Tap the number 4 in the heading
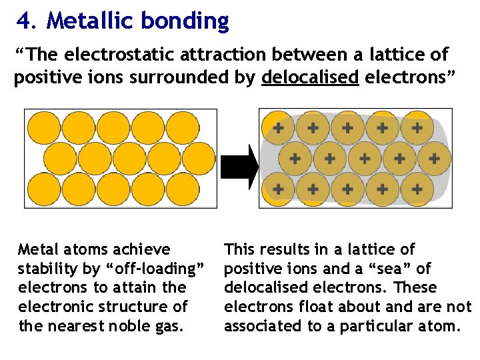[x=25, y=21]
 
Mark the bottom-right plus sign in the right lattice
[x=417, y=189]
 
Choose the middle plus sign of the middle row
[x=364, y=159]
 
